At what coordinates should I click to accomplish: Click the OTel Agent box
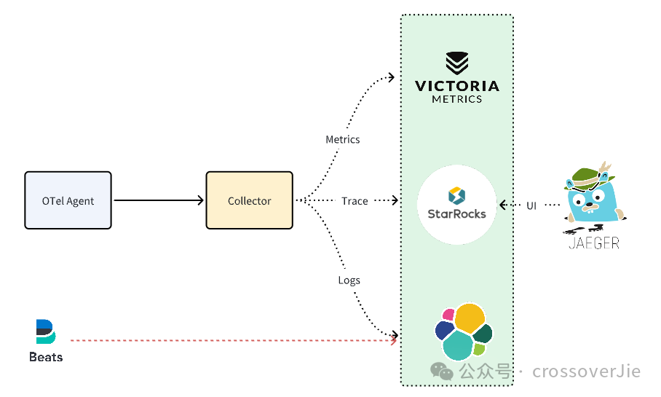point(68,200)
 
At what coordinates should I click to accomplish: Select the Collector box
point(249,200)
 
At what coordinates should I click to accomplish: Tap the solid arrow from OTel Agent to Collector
point(159,200)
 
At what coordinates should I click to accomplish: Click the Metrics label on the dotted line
point(343,140)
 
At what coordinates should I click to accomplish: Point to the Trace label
point(355,201)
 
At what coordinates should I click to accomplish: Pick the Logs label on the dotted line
point(349,280)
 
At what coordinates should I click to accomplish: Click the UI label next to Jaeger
point(531,206)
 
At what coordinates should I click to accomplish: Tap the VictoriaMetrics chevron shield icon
point(457,63)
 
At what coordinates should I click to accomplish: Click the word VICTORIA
point(457,86)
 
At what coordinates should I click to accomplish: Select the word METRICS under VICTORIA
point(457,99)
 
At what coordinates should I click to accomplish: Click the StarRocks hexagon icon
point(456,196)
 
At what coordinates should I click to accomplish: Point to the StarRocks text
point(457,214)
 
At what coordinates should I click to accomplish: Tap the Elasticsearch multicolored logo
point(464,331)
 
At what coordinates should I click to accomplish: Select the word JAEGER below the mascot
point(594,243)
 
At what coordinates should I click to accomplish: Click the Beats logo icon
point(46,331)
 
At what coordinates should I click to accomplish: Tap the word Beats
point(46,357)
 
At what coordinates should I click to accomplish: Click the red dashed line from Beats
point(233,340)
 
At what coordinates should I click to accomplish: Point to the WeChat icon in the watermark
point(441,372)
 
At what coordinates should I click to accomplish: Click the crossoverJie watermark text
point(587,372)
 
